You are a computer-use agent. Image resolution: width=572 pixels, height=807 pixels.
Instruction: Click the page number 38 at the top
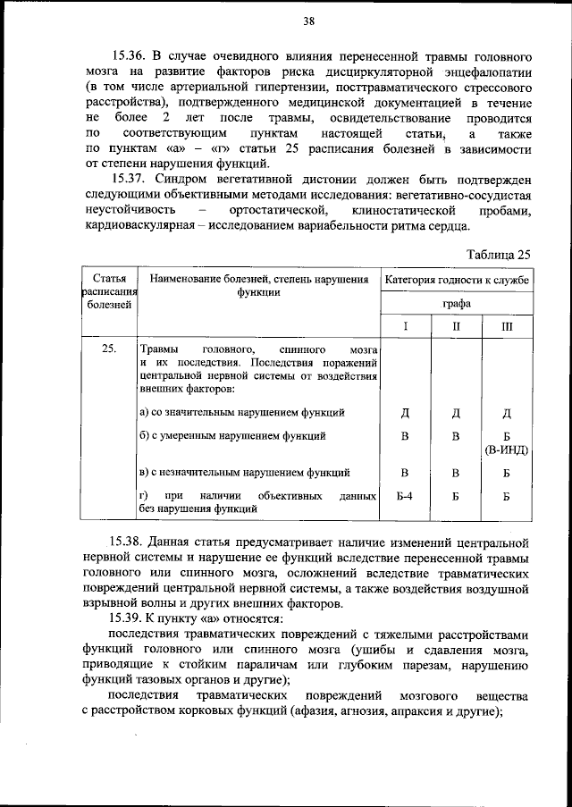click(308, 21)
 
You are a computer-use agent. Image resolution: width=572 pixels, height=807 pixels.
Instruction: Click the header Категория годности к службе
click(456, 280)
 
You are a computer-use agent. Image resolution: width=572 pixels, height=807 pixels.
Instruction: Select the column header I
click(405, 327)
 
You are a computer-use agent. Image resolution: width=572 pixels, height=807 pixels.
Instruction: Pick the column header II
click(456, 327)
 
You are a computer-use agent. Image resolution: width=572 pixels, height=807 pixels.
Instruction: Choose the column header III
click(507, 327)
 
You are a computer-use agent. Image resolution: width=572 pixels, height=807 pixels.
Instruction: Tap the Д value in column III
click(507, 413)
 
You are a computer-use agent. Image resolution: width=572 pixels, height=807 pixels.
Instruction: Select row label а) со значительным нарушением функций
click(242, 413)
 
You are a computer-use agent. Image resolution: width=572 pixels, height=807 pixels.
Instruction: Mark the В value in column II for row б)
click(456, 436)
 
